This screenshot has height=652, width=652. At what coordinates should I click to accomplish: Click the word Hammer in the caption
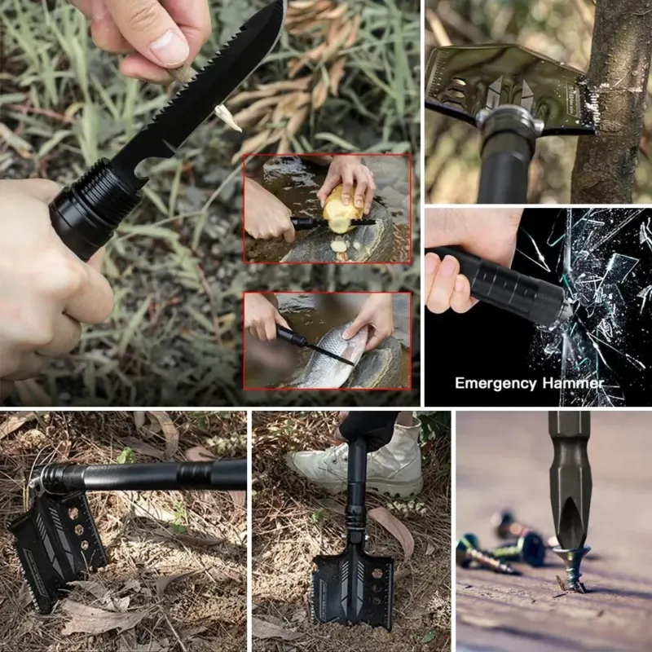[x=573, y=382]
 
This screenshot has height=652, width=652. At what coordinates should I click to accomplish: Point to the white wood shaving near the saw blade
[x=227, y=117]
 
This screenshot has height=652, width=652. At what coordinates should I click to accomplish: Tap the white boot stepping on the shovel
[x=362, y=461]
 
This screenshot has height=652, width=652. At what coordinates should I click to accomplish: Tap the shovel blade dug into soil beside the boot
[x=353, y=586]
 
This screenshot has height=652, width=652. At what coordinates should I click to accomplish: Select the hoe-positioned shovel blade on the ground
[x=58, y=548]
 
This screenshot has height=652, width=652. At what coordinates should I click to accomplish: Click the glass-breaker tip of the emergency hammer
[x=566, y=309]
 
